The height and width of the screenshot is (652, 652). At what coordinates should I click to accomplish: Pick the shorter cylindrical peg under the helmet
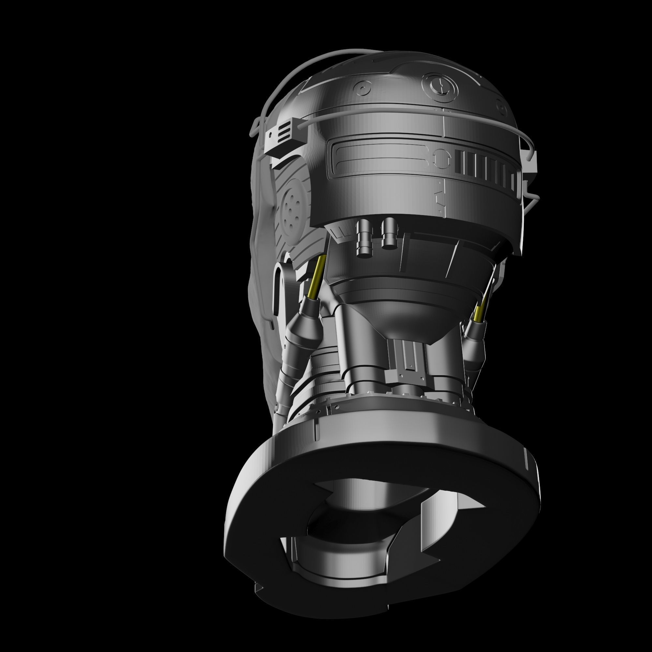coord(389,233)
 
